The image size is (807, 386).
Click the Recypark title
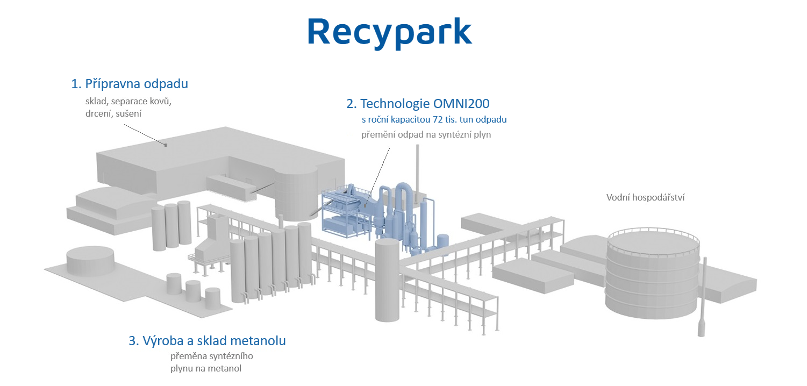pyautogui.click(x=389, y=32)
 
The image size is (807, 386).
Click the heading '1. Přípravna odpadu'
pyautogui.click(x=130, y=84)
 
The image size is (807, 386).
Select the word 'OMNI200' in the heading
pyautogui.click(x=461, y=104)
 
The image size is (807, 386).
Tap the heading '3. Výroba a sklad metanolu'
pyautogui.click(x=207, y=341)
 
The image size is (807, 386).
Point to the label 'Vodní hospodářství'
pyautogui.click(x=645, y=197)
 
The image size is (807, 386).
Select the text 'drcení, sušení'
pyautogui.click(x=113, y=114)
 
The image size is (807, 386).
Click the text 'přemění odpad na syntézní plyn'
pyautogui.click(x=426, y=135)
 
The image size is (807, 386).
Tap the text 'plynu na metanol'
pyautogui.click(x=206, y=369)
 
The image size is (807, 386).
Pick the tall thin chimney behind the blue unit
pyautogui.click(x=418, y=173)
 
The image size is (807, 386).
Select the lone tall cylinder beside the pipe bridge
pyautogui.click(x=387, y=280)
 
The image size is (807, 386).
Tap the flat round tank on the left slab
pyautogui.click(x=90, y=261)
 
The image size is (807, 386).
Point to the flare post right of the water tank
pyautogui.click(x=702, y=297)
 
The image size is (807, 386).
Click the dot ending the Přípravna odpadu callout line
pyautogui.click(x=166, y=145)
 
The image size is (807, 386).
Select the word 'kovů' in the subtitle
pyautogui.click(x=161, y=101)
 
